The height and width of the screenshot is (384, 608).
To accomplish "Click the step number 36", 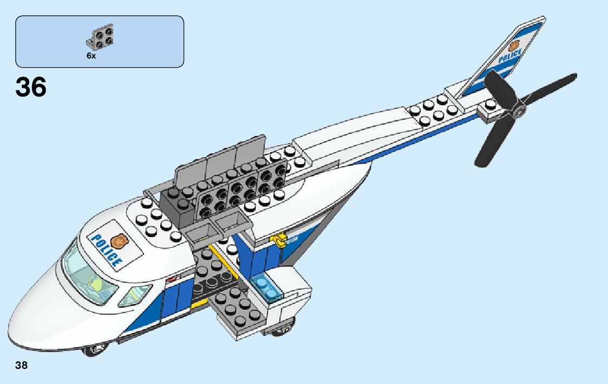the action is [31, 87].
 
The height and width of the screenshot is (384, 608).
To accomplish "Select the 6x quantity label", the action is [91, 56].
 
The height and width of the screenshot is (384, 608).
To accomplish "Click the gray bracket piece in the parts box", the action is [101, 37].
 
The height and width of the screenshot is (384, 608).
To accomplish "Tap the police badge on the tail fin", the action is [513, 45].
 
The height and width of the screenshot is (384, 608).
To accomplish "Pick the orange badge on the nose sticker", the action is [118, 239].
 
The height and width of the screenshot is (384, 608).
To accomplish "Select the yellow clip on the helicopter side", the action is [280, 240].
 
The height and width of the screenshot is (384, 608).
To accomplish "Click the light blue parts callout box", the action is [100, 41].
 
